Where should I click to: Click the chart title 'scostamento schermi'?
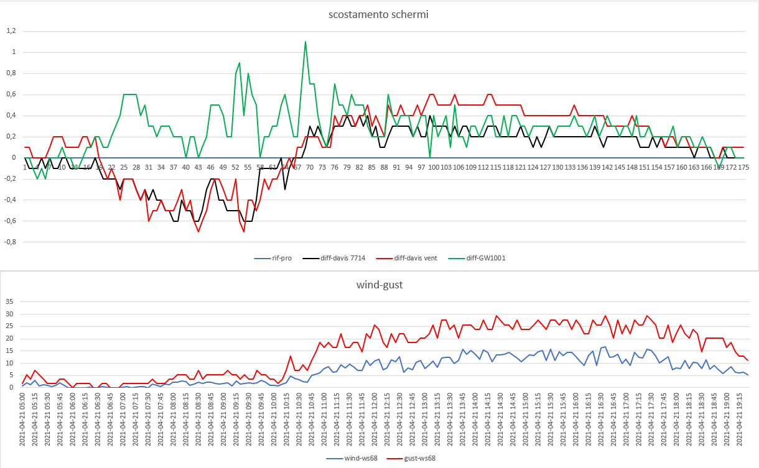[378, 14]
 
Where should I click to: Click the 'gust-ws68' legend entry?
[414, 458]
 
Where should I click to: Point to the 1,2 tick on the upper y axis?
[11, 31]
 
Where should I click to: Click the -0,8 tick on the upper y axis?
[9, 242]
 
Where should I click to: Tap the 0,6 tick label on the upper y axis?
[11, 94]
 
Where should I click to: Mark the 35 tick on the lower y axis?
[9, 301]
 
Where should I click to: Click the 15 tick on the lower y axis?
[9, 351]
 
